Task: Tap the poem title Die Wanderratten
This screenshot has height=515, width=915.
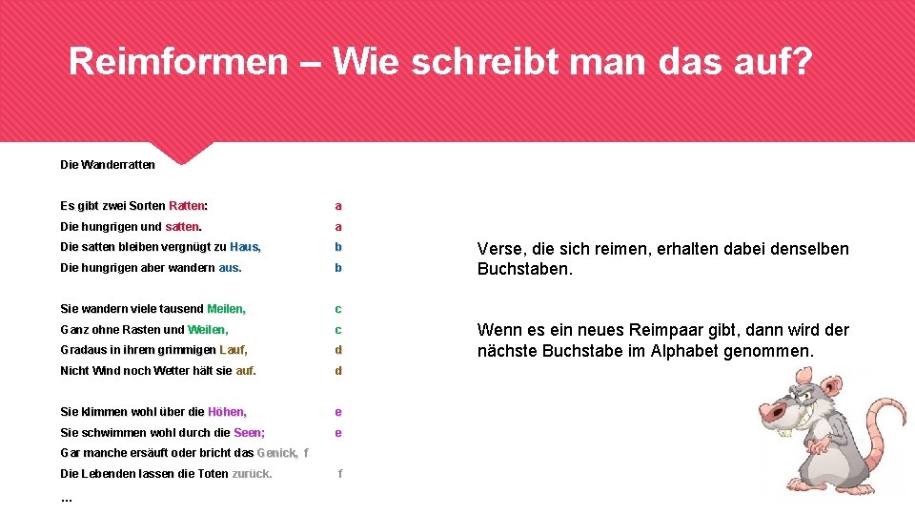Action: point(108,165)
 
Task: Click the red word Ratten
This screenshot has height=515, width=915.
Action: point(187,206)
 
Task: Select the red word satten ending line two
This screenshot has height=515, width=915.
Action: point(182,227)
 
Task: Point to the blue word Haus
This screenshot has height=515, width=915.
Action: point(245,247)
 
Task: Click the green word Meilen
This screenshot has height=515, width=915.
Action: point(225,309)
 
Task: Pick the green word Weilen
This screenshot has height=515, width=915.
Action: point(208,330)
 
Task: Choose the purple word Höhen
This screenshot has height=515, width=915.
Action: point(227,412)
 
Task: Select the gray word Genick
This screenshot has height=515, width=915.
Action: point(276,453)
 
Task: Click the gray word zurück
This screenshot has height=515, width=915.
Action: point(252,474)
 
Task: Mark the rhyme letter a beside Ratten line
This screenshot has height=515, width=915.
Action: point(338,206)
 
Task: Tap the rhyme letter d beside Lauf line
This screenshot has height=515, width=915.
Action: point(338,350)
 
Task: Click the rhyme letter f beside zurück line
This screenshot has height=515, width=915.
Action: point(341,474)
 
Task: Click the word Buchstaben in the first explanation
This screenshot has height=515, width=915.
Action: point(524,269)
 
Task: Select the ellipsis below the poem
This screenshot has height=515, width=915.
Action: point(66,498)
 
